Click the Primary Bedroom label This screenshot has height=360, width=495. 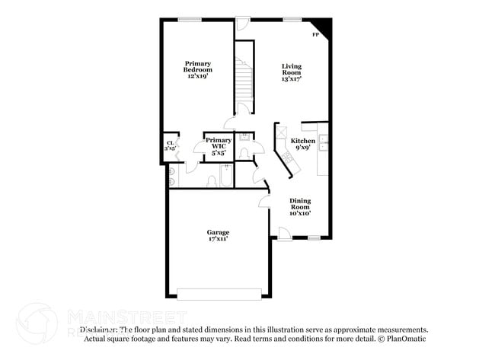[x=196, y=69]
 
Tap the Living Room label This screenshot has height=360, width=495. [x=292, y=72]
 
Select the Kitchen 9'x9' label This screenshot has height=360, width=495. [x=302, y=145]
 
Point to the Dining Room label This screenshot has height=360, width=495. [x=299, y=207]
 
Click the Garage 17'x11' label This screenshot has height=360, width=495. [x=218, y=235]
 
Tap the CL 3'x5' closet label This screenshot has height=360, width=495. [x=171, y=145]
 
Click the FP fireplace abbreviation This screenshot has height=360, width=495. [x=315, y=35]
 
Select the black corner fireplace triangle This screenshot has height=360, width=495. [x=326, y=28]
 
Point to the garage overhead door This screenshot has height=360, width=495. [x=219, y=294]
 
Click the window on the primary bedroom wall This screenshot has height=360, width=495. [x=190, y=19]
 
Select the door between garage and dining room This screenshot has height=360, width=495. [x=264, y=201]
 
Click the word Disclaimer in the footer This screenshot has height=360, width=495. [x=95, y=330]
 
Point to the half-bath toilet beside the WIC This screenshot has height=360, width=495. [x=243, y=153]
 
